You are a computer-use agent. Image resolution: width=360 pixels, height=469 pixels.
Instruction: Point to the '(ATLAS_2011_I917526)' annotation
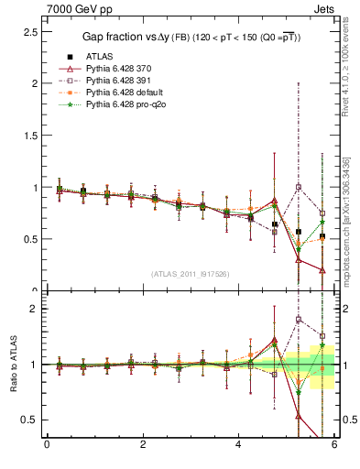tap(190, 274)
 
